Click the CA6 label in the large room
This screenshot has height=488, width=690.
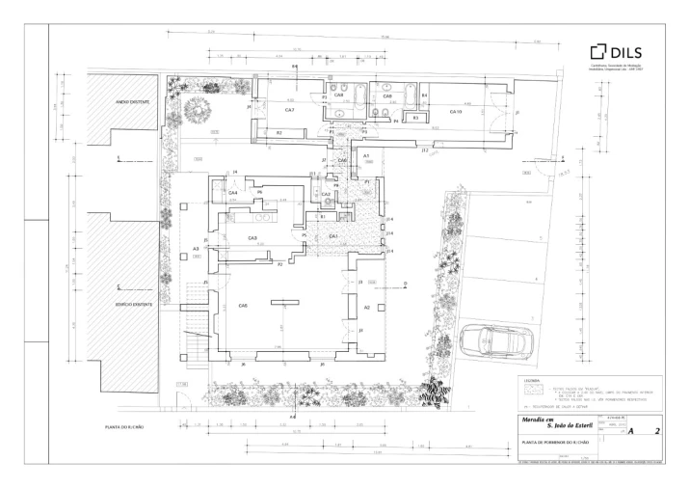[242, 306]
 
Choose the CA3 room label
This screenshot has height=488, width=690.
[252, 237]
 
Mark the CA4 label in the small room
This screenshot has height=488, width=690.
[232, 193]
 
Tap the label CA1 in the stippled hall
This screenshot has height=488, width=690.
[333, 235]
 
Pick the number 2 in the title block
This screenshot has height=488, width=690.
[656, 433]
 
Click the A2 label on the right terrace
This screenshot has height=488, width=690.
[367, 307]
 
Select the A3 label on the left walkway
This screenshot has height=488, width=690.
[195, 248]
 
